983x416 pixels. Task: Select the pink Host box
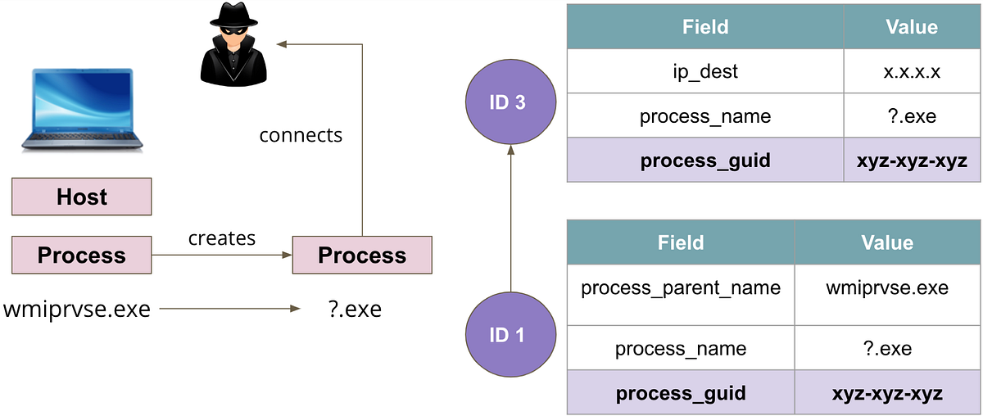[x=81, y=197]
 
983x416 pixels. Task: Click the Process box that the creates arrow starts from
[x=81, y=255]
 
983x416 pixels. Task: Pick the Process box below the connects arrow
[x=361, y=255]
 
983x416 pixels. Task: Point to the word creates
[x=221, y=238]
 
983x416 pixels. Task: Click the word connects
[x=301, y=134]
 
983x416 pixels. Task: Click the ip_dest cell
[x=704, y=72]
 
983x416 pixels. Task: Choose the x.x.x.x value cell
[x=912, y=72]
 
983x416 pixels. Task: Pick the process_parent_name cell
[x=680, y=288]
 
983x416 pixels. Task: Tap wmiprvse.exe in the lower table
[x=887, y=288]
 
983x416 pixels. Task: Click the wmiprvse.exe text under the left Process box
[x=77, y=310]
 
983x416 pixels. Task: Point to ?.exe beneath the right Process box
[x=353, y=310]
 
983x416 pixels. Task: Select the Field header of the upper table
[x=704, y=28]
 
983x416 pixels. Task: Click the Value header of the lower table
[x=887, y=243]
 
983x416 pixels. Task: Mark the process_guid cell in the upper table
[x=704, y=160]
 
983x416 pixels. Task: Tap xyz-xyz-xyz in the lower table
[x=887, y=393]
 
